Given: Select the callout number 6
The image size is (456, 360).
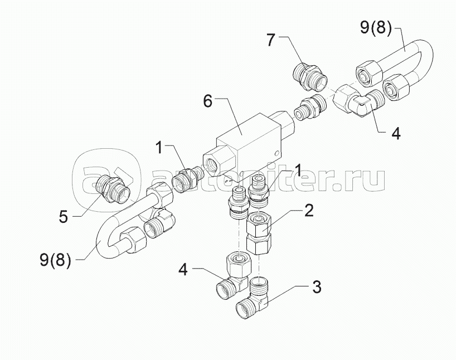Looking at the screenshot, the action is [207, 101].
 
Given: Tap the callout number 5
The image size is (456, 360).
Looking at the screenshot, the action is [63, 217].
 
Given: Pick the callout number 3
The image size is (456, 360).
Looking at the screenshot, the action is [317, 287].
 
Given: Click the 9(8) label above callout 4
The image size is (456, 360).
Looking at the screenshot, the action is [376, 28].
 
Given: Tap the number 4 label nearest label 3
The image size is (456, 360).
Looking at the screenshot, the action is [183, 269].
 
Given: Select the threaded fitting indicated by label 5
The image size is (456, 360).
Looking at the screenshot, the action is [113, 188].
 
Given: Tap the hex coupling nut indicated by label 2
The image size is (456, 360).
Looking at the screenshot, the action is [259, 233].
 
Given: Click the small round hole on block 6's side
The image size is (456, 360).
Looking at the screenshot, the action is [277, 153].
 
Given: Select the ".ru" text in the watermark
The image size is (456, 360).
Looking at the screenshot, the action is [360, 180].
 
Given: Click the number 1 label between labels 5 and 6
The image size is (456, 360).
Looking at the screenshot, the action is [159, 148].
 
